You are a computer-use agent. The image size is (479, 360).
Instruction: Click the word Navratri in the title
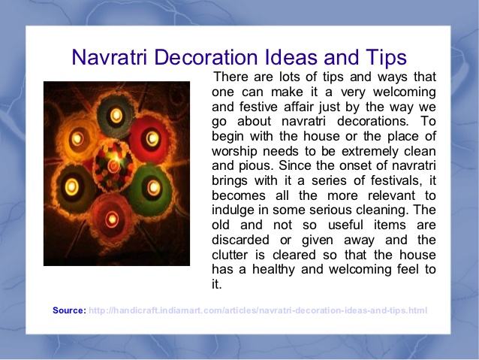pyautogui.click(x=110, y=57)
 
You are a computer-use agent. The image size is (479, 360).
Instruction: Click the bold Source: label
pyautogui.click(x=69, y=310)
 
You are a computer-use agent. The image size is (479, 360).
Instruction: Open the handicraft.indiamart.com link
pyautogui.click(x=258, y=310)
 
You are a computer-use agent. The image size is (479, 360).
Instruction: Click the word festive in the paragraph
pyautogui.click(x=258, y=107)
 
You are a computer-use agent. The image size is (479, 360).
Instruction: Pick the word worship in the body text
pyautogui.click(x=234, y=151)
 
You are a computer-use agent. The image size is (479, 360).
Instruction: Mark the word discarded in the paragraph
pyautogui.click(x=240, y=240)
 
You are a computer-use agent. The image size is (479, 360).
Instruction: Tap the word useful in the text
pyautogui.click(x=345, y=225)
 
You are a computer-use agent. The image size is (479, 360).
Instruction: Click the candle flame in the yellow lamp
pyautogui.click(x=77, y=138)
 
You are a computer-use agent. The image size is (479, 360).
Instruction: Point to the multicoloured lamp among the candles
pyautogui.click(x=113, y=165)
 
